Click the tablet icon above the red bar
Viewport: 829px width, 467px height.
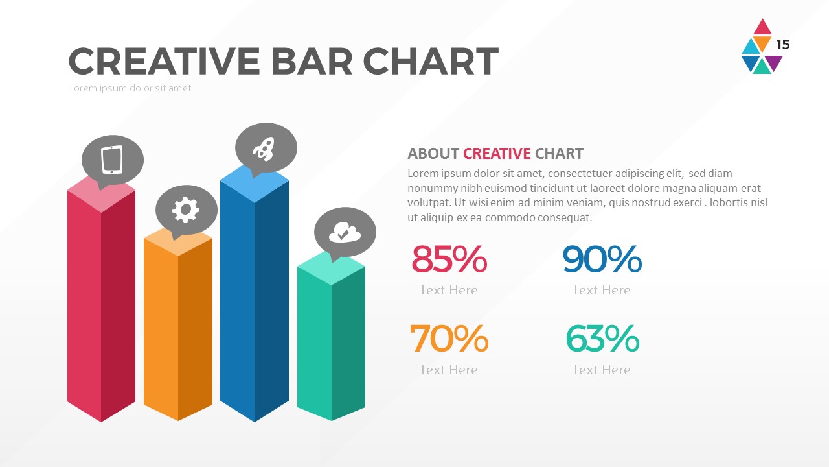[112, 160]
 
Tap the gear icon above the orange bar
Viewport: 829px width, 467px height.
[186, 209]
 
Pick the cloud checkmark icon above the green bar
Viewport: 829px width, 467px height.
[344, 232]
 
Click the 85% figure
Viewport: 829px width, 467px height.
[449, 259]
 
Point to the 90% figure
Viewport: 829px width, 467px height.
[602, 259]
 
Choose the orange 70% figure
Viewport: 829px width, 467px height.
[449, 338]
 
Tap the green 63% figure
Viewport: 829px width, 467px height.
[602, 338]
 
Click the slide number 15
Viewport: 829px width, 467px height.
[783, 45]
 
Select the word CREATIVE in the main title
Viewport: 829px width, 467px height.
[165, 62]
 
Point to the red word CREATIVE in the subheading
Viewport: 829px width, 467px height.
[497, 154]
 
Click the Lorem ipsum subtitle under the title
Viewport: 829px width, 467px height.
[130, 88]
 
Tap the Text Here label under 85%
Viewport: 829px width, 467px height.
[448, 290]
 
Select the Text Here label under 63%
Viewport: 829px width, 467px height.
[601, 370]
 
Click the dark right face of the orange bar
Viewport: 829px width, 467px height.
[196, 331]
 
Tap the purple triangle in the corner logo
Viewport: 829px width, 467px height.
[774, 62]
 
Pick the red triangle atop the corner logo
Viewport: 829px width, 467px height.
[763, 28]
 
